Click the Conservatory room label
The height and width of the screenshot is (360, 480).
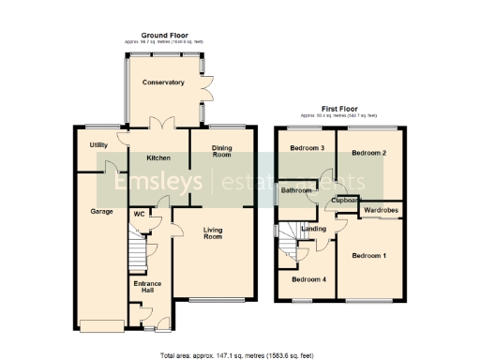[163, 83]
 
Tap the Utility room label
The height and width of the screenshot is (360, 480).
[98, 145]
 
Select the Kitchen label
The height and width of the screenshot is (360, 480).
[157, 157]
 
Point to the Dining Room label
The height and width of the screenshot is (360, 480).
[221, 152]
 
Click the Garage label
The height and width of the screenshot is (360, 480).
[101, 211]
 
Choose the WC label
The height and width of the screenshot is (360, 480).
[138, 214]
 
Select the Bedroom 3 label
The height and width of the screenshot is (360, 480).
[307, 148]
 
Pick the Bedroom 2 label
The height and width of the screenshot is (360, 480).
[368, 152]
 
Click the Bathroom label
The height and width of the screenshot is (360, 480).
[297, 190]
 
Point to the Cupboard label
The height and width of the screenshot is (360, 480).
[346, 200]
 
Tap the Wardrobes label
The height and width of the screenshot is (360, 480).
[381, 211]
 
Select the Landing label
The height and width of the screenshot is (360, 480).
[314, 228]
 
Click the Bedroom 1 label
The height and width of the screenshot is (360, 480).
[369, 255]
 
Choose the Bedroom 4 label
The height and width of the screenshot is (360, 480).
[307, 279]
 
